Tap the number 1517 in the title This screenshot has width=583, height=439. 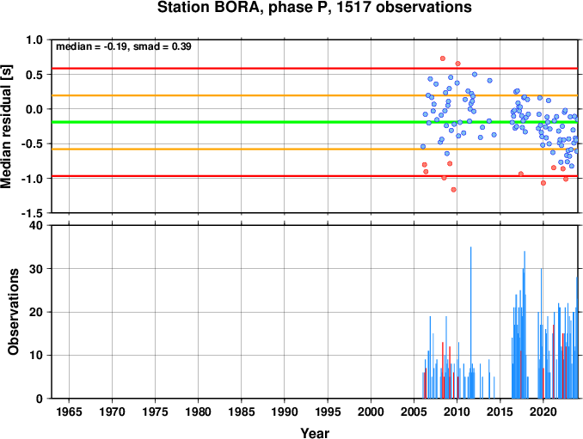tap(354, 8)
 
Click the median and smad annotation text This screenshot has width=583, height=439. tap(124, 46)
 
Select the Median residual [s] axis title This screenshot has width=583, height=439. tap(7, 126)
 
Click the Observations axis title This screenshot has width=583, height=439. tap(14, 312)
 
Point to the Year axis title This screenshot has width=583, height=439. tap(315, 433)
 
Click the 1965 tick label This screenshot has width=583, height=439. tap(69, 412)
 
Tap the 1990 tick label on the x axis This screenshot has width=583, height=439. tap(285, 412)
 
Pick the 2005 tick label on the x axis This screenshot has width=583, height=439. tap(414, 412)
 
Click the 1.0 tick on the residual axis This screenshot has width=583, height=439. tap(34, 40)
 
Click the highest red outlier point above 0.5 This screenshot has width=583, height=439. tap(443, 58)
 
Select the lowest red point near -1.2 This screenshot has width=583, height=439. tap(453, 190)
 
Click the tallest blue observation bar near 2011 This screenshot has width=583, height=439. tap(470, 322)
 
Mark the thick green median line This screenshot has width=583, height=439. tap(315, 122)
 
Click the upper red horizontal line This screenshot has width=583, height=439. tap(315, 69)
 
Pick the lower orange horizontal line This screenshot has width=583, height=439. tap(315, 149)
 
